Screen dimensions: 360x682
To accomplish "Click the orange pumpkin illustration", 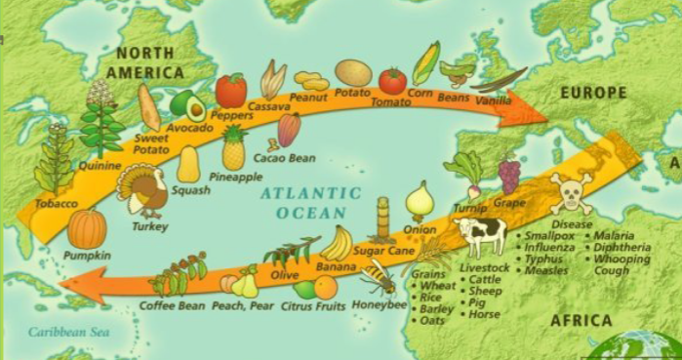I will [x=87, y=229].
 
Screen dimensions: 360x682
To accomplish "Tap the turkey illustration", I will [x=143, y=190].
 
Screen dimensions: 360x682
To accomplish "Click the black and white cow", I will [x=480, y=235].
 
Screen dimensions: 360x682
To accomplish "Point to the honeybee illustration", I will [x=378, y=277].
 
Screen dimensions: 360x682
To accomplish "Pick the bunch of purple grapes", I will [x=509, y=175].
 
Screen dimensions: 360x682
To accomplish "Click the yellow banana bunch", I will [x=337, y=243].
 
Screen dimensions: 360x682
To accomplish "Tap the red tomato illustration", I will [x=392, y=80].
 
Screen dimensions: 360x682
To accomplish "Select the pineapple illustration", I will [x=233, y=148].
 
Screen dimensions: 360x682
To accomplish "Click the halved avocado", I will [x=186, y=103].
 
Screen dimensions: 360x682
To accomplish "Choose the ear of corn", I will [x=424, y=64].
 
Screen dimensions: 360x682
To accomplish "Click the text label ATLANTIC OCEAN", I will [x=310, y=203].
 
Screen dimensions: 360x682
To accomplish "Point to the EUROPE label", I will [x=593, y=93].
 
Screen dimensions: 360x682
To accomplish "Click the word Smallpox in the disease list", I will [x=550, y=236].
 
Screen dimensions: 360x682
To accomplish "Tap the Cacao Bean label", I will [x=284, y=157].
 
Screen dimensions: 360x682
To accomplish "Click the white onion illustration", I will [x=420, y=201].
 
